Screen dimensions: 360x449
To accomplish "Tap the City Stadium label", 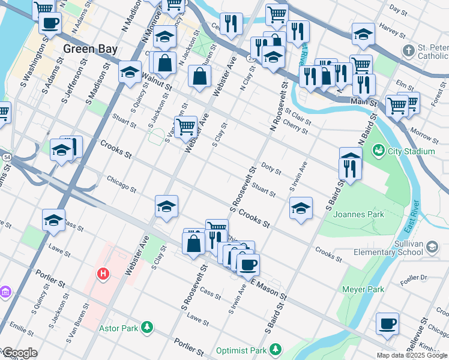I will (x=411, y=151).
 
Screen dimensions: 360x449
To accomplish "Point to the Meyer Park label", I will (x=363, y=289).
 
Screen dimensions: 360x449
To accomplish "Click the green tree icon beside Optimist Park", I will (x=276, y=349).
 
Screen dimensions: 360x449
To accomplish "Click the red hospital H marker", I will (x=103, y=274).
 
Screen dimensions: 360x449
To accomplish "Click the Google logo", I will (x=19, y=353).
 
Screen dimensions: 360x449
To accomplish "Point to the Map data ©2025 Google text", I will (x=411, y=355).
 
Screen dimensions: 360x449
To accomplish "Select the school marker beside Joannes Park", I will (x=301, y=208).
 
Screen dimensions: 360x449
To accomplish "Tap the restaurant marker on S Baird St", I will (x=351, y=166).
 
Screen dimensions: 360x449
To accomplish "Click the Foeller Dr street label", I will (x=415, y=277).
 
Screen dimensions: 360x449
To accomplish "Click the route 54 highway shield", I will (x=7, y=157).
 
